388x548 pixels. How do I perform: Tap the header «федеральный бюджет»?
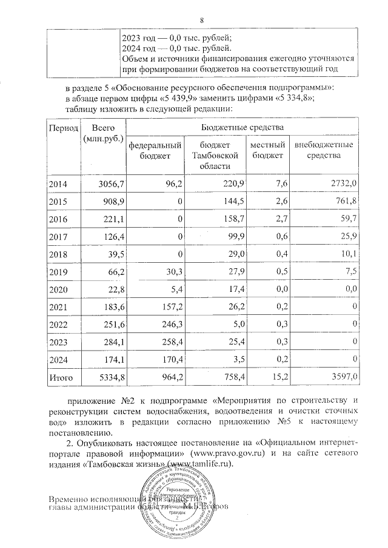pyautogui.click(x=155, y=151)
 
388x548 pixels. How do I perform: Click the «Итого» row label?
pyautogui.click(x=61, y=378)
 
